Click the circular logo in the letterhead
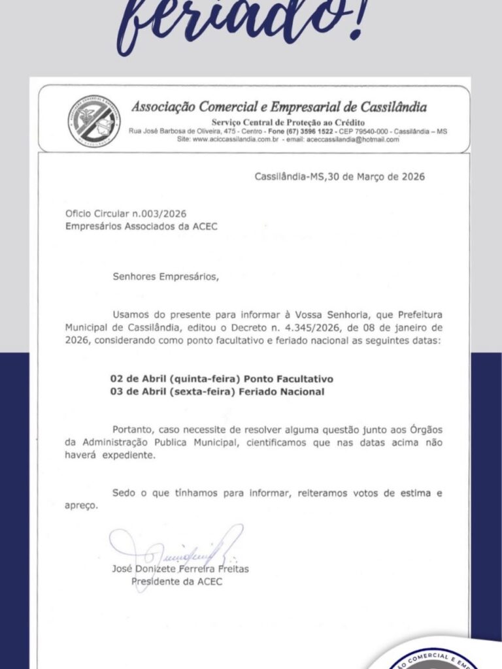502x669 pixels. click(95, 120)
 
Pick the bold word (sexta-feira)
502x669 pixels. click(205, 391)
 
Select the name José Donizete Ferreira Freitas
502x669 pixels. click(180, 569)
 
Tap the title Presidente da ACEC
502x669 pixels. click(176, 581)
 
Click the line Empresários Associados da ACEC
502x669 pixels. click(141, 226)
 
